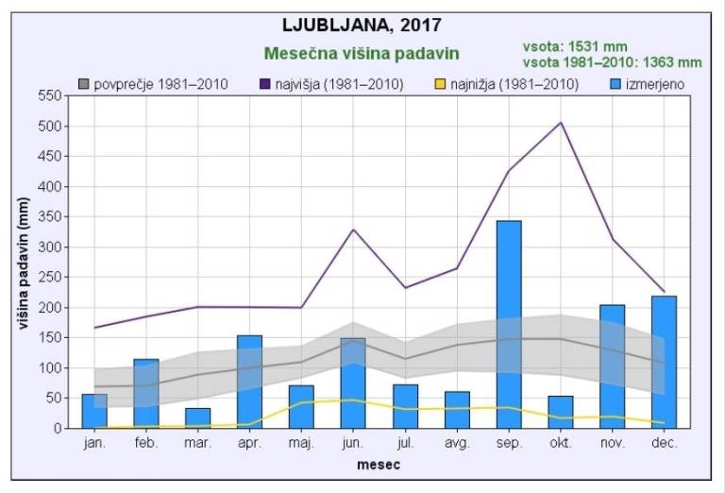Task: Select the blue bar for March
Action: (x=197, y=417)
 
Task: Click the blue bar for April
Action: (x=249, y=382)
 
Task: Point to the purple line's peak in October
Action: (x=561, y=123)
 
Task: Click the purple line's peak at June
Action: (x=353, y=229)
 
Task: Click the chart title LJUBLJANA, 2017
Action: (x=362, y=24)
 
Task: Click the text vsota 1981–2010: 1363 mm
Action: (x=613, y=62)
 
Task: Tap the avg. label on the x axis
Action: (x=457, y=443)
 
